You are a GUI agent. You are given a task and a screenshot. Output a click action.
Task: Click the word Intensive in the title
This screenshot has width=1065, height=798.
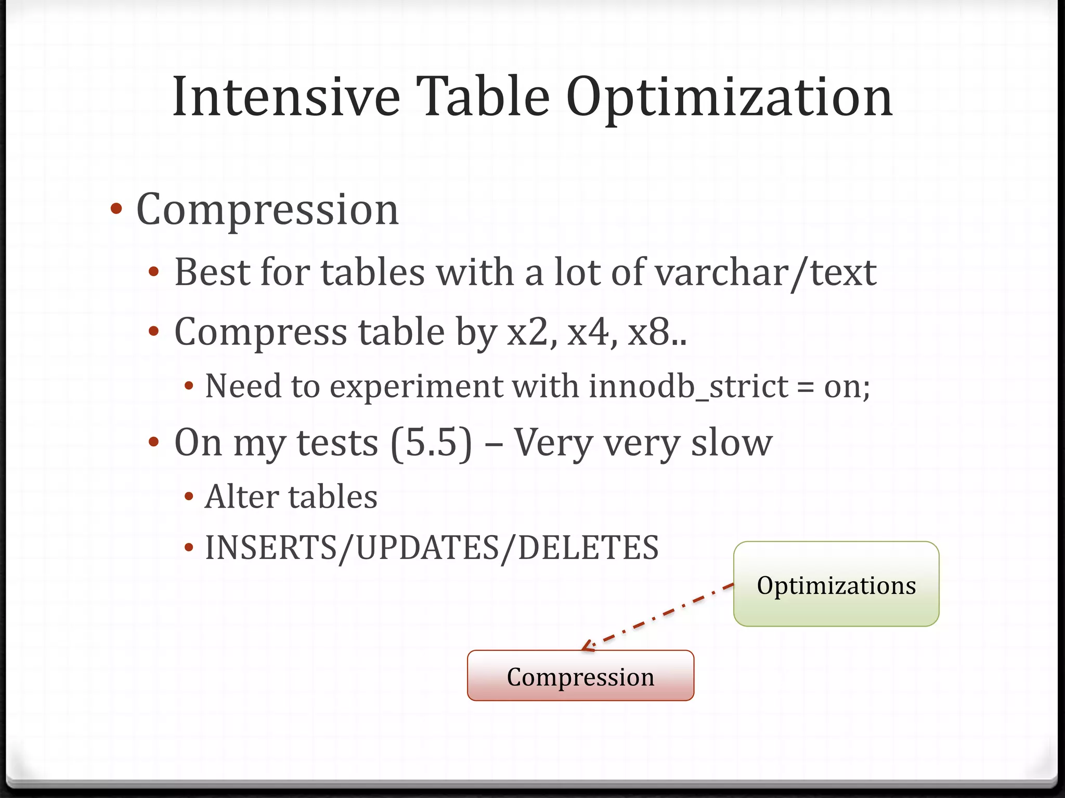tap(286, 97)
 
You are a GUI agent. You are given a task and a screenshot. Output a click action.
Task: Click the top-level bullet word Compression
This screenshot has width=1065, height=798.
tap(267, 210)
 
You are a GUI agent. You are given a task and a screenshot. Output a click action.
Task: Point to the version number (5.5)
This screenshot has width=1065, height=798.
tap(431, 443)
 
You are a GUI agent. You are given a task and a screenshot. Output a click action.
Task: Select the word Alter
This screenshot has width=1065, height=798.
tap(242, 497)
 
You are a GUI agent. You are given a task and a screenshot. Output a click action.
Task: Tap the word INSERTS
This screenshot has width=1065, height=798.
tap(270, 548)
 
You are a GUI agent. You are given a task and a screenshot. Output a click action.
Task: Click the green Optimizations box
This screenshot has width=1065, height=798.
tap(836, 584)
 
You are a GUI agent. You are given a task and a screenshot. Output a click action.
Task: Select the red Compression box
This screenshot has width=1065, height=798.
tap(580, 676)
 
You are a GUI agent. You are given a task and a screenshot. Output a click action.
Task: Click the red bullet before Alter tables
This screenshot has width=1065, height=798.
tap(189, 497)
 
